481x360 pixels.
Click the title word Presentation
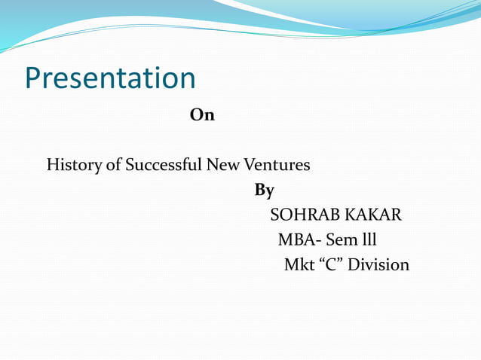[110, 78]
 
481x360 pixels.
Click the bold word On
[202, 115]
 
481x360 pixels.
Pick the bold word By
[265, 191]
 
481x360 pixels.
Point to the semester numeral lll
[369, 240]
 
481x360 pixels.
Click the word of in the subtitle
[114, 165]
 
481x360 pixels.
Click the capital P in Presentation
[33, 78]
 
